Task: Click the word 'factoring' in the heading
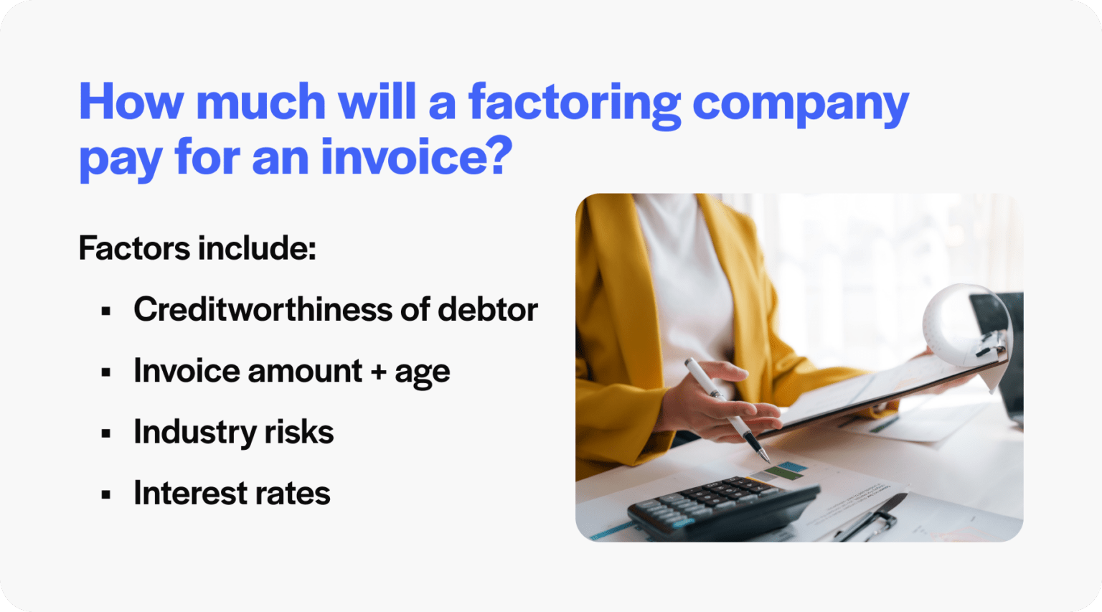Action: click(574, 103)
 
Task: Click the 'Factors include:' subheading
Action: click(197, 249)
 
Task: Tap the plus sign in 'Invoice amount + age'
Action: click(378, 372)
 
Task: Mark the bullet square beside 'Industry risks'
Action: click(106, 433)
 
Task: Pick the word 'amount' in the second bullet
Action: click(305, 372)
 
